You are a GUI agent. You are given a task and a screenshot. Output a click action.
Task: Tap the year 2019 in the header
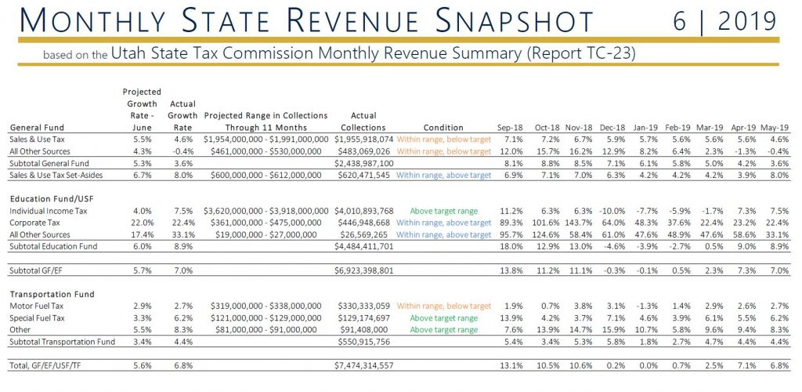pyautogui.click(x=747, y=21)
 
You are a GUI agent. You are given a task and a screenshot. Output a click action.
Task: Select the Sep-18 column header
pyautogui.click(x=510, y=128)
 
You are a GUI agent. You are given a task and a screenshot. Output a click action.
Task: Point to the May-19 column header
pyautogui.click(x=775, y=128)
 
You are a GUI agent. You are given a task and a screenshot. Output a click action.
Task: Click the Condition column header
pyautogui.click(x=443, y=128)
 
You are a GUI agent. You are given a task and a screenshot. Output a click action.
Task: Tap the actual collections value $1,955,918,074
pyautogui.click(x=364, y=140)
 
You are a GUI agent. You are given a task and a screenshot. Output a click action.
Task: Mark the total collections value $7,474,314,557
pyautogui.click(x=364, y=366)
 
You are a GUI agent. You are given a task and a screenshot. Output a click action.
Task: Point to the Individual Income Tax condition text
pyautogui.click(x=443, y=211)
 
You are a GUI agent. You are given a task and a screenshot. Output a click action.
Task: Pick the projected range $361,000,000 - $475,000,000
pyautogui.click(x=266, y=223)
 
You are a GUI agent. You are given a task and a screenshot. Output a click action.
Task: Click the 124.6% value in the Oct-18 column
pyautogui.click(x=545, y=234)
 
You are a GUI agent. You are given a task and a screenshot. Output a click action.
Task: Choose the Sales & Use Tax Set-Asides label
pyautogui.click(x=56, y=175)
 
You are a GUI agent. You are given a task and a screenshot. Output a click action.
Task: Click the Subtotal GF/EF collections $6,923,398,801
pyautogui.click(x=364, y=270)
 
